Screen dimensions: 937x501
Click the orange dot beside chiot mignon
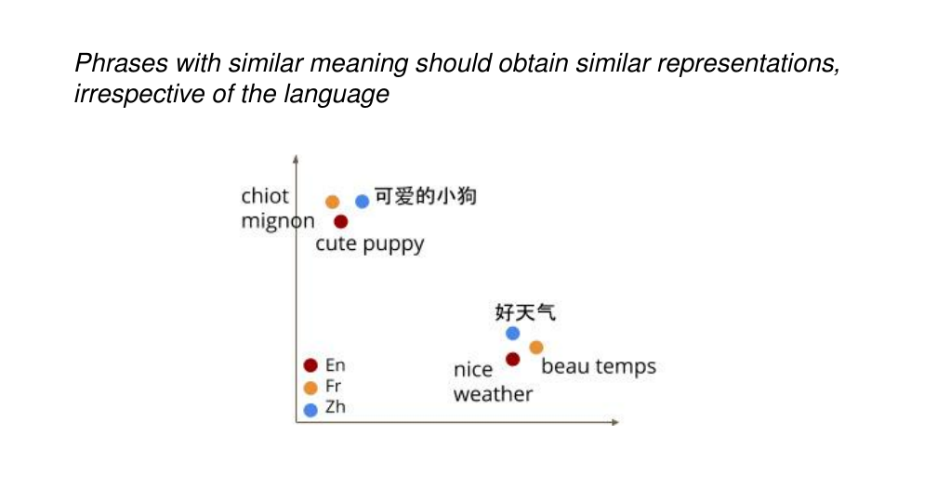coord(332,202)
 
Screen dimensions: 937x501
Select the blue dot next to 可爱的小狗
coord(363,202)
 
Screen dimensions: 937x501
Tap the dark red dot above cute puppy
coord(340,222)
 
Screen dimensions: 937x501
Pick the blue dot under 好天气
coord(513,334)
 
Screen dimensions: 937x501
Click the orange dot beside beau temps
coord(536,348)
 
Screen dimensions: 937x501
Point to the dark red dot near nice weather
coord(513,360)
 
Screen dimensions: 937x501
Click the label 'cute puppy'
coord(370,244)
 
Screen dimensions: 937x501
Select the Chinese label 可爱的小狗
coord(426,196)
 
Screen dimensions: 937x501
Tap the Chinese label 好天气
coord(525,312)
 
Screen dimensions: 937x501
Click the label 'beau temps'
coord(599,366)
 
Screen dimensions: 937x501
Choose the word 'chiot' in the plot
coord(265,196)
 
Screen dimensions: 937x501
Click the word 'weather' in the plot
coord(493,395)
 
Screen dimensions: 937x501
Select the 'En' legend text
coord(336,365)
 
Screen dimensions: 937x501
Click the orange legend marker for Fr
coord(310,388)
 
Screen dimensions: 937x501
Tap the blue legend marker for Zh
coord(310,410)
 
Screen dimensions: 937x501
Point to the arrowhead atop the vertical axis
coord(296,158)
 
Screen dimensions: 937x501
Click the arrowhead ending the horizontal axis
coord(615,422)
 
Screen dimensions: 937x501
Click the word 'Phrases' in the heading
coord(121,63)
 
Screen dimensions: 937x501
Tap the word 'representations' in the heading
coord(748,64)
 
